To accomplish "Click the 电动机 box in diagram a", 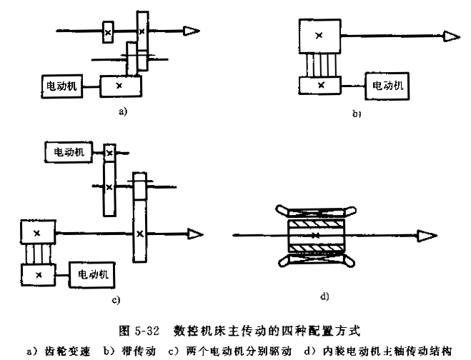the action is tap(62, 86).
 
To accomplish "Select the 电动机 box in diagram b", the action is tap(387, 86).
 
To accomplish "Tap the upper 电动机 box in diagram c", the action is tap(69, 152).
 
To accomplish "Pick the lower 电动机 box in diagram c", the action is tap(92, 275).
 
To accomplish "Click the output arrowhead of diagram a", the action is tap(192, 31).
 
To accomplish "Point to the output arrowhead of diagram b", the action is tap(452, 36).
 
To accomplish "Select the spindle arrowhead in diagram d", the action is tap(427, 236).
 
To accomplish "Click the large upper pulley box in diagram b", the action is tap(320, 36).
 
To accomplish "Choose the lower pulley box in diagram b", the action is tap(320, 85).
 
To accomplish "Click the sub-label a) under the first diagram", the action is tap(123, 111).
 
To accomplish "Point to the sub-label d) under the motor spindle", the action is tap(324, 296).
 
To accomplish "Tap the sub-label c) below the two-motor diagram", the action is tap(116, 300).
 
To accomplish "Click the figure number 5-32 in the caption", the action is tap(147, 331).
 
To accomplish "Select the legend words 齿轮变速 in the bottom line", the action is tap(67, 351).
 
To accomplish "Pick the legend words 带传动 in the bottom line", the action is tap(139, 351).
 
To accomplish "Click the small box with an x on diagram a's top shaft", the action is tap(108, 32).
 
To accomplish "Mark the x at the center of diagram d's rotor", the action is tap(315, 236).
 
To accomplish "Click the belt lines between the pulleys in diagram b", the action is tap(321, 65).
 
